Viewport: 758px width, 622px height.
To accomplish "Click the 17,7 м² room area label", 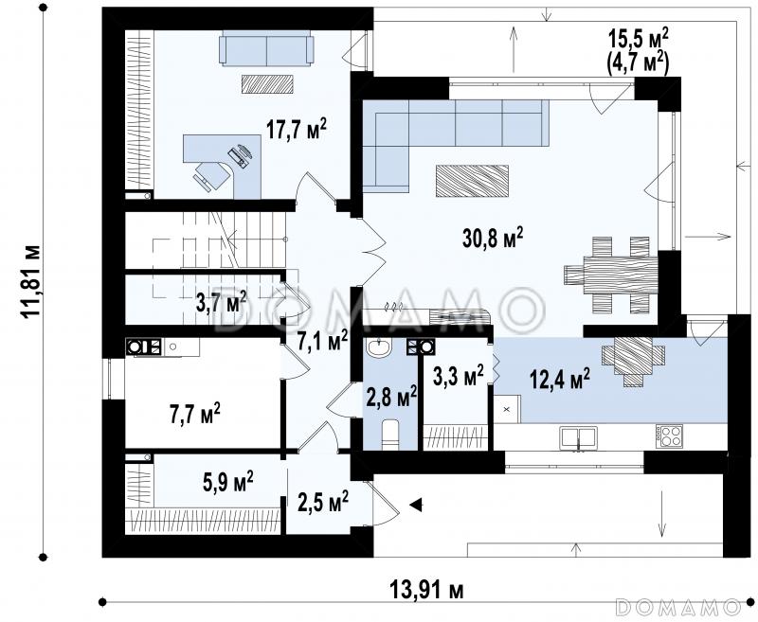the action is [297, 130].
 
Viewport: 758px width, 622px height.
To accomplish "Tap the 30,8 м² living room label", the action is [493, 238].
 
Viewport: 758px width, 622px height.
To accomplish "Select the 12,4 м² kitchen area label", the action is [560, 379].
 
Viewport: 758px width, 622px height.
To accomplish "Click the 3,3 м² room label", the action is [458, 376].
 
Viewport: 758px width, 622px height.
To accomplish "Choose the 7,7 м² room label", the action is [195, 414].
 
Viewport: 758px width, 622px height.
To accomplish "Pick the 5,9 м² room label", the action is [227, 482].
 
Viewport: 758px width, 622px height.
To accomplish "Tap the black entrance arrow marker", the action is [416, 505].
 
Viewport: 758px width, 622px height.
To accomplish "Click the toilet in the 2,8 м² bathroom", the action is [390, 435].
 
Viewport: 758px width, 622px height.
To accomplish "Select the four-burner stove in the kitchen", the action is [669, 435].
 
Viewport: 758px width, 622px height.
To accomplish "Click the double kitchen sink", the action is [578, 438].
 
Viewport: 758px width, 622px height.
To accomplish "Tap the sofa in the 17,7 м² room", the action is [266, 47].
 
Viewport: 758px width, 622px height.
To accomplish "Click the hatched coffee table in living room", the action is [472, 181].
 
